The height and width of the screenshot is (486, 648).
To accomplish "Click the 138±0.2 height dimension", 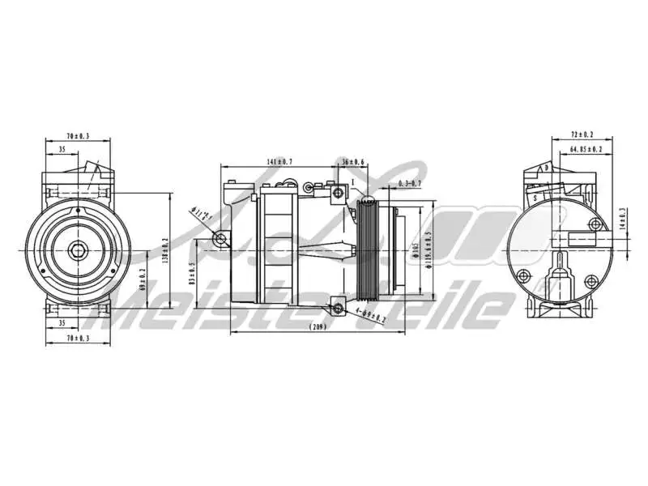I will (164, 250).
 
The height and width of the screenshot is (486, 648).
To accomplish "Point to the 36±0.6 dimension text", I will (353, 162).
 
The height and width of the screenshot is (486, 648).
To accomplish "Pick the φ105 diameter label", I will (414, 251).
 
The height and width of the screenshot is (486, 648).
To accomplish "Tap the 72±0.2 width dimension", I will (582, 134).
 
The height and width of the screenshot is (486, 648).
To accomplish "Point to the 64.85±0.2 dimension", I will (586, 149).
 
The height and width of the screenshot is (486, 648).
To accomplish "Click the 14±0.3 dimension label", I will (622, 220).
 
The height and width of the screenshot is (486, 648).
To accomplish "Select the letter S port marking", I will (535, 197).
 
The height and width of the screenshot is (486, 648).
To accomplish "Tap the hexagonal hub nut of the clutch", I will (78, 250).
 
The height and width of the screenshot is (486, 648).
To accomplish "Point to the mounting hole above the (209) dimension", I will (338, 308).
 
